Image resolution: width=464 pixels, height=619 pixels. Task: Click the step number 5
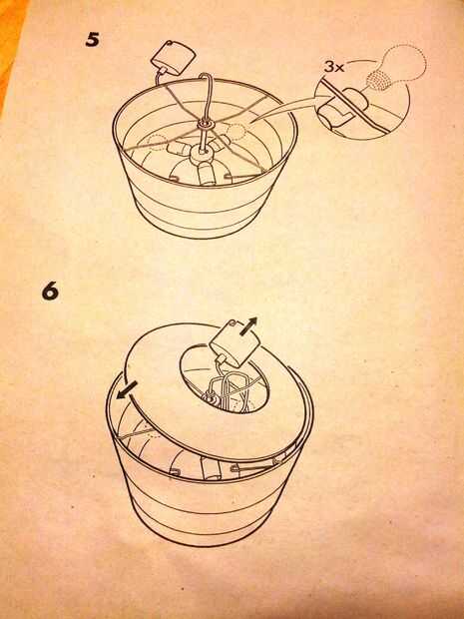pyautogui.click(x=92, y=41)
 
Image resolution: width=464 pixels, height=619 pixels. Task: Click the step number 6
pyautogui.click(x=50, y=292)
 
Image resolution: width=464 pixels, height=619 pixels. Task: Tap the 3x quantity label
pyautogui.click(x=334, y=66)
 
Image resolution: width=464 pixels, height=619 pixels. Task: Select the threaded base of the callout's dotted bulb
pyautogui.click(x=377, y=79)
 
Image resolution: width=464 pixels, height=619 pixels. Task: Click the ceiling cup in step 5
pyautogui.click(x=174, y=59)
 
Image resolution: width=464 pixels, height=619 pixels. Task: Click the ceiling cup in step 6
pyautogui.click(x=234, y=342)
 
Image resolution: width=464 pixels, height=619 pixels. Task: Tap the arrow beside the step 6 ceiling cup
pyautogui.click(x=248, y=326)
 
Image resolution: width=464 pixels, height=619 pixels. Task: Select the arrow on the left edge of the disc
pyautogui.click(x=127, y=390)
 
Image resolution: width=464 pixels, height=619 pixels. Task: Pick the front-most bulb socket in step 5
pyautogui.click(x=206, y=174)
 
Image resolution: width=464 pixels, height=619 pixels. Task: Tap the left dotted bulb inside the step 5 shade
pyautogui.click(x=158, y=143)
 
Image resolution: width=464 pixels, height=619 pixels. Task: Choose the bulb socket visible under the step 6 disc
pyautogui.click(x=209, y=468)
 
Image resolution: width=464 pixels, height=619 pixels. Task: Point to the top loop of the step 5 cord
pyautogui.click(x=207, y=78)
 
